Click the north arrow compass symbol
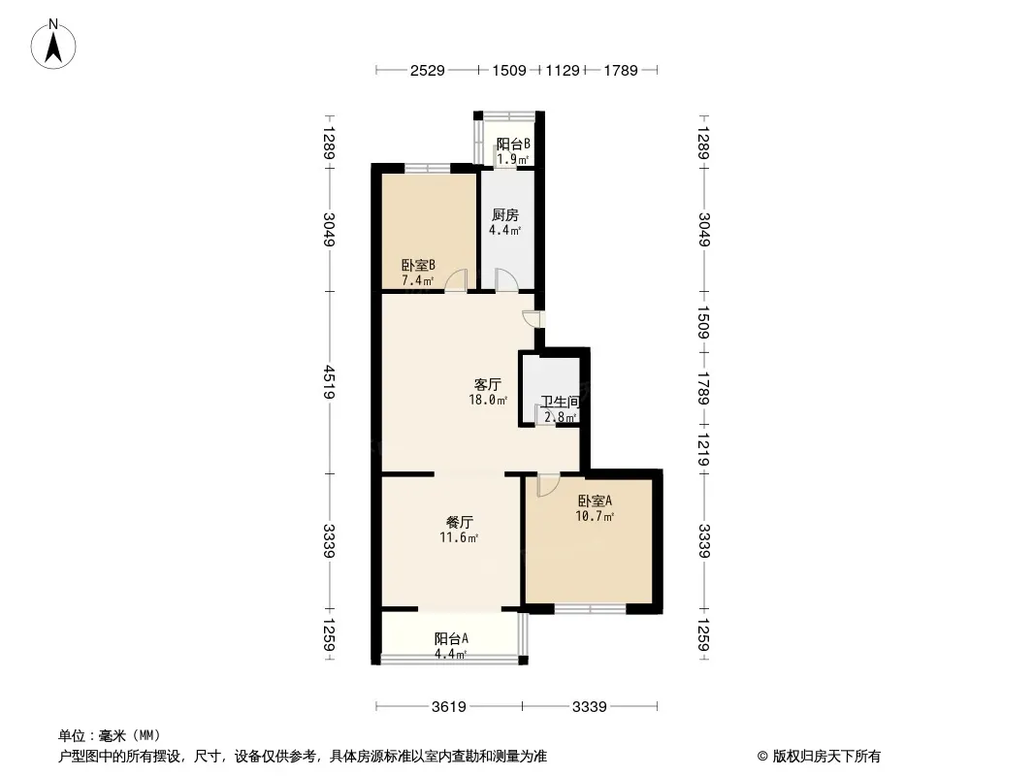click(x=53, y=45)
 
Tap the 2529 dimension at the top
click(x=428, y=70)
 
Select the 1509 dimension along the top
click(x=509, y=70)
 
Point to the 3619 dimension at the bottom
click(x=449, y=707)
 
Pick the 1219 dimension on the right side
click(x=703, y=450)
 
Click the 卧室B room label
click(x=418, y=266)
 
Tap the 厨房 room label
click(x=505, y=215)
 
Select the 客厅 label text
click(x=488, y=384)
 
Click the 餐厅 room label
click(x=459, y=522)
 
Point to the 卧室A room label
click(x=595, y=501)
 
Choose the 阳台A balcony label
click(x=451, y=639)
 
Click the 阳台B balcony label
click(x=514, y=144)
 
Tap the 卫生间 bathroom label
click(x=560, y=402)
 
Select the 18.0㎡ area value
click(x=488, y=400)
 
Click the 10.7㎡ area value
click(x=595, y=516)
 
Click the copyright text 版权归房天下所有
click(x=826, y=757)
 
